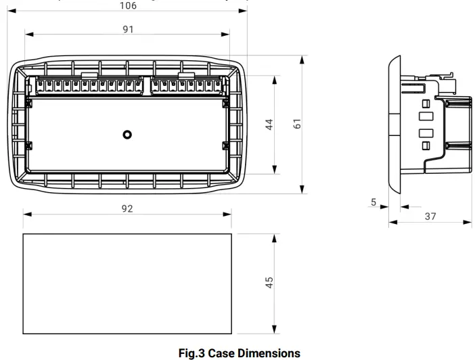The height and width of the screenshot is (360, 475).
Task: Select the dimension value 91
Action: pyautogui.click(x=128, y=29)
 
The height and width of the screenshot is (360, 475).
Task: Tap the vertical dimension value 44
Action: pyautogui.click(x=269, y=125)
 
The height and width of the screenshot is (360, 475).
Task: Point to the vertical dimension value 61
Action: pyautogui.click(x=296, y=125)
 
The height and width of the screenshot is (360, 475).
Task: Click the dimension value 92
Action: pyautogui.click(x=127, y=208)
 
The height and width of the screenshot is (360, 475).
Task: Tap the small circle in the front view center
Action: pyautogui.click(x=127, y=135)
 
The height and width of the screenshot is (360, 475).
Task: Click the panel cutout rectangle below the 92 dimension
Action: pyautogui.click(x=127, y=284)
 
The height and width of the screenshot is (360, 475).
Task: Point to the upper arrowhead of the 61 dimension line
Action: pyautogui.click(x=301, y=61)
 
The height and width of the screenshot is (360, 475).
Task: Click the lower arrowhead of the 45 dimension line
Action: pyautogui.click(x=275, y=329)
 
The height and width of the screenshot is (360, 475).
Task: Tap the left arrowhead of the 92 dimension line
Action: pyautogui.click(x=28, y=215)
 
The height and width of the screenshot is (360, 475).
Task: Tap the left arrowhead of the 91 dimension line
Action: pyautogui.click(x=28, y=37)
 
